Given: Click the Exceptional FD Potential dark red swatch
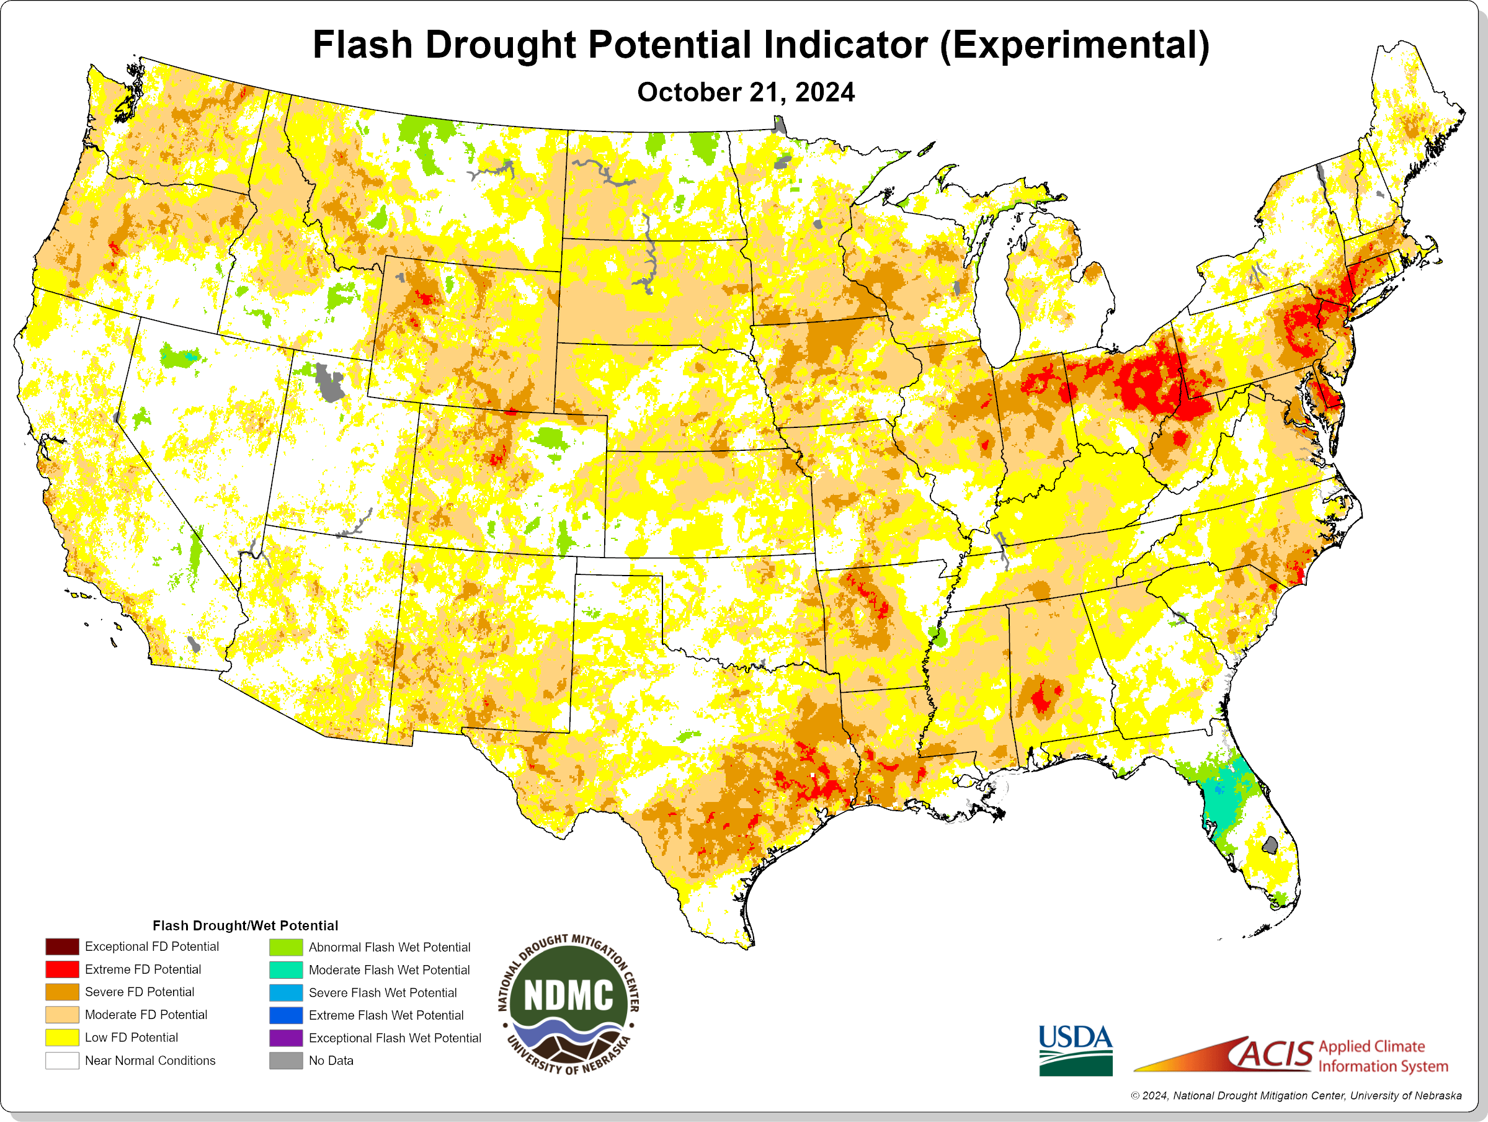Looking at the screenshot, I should (62, 946).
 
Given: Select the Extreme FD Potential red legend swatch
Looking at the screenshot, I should (62, 969).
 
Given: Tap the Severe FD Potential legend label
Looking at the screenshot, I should (139, 992).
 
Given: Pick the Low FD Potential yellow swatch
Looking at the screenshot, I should (62, 1037).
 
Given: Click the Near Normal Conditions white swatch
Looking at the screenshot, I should (62, 1060).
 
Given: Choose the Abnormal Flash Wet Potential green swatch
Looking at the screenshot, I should (286, 947).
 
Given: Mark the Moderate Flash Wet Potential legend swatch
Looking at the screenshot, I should (286, 970).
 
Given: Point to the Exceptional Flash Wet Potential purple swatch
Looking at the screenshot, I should (286, 1038).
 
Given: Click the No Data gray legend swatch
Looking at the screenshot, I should (286, 1060).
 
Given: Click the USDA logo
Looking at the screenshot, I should (1075, 1049).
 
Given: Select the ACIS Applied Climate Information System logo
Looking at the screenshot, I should (1291, 1055).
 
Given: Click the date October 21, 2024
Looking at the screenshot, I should (746, 92).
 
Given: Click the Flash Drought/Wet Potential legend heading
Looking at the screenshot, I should (245, 925).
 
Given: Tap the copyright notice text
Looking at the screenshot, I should (1296, 1096).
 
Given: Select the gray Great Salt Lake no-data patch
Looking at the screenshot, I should (329, 383).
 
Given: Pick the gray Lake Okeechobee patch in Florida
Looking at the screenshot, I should (1270, 845).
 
